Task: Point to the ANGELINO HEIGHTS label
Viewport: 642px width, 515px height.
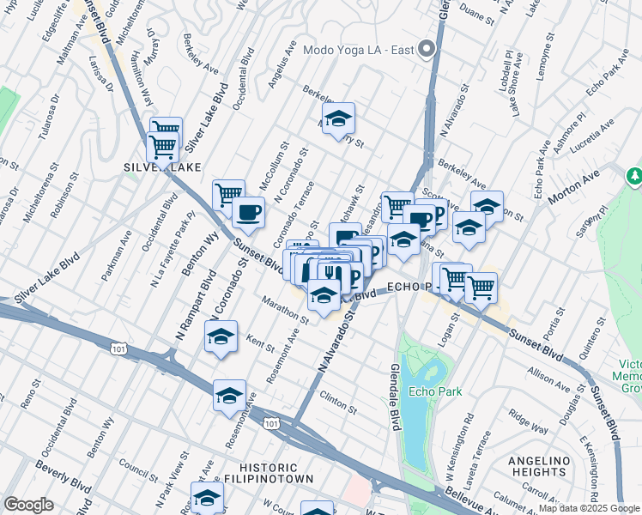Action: tap(539, 467)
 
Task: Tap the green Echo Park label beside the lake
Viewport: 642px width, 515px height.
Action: tap(435, 391)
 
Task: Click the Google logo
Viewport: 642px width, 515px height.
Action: tap(28, 504)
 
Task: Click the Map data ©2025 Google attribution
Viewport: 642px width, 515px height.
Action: tap(589, 508)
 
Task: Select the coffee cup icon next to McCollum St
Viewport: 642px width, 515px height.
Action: tap(248, 211)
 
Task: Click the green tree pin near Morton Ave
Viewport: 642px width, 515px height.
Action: tap(634, 176)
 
